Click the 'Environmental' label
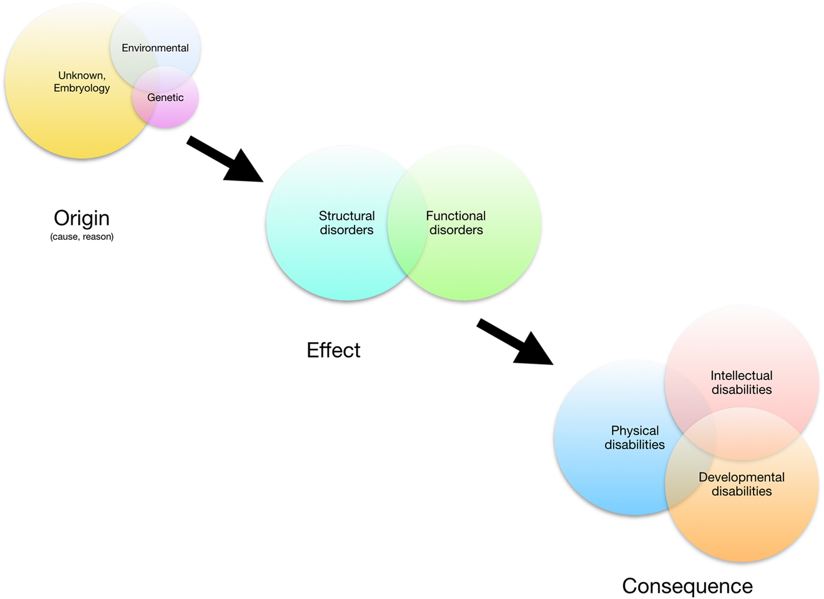[x=155, y=48]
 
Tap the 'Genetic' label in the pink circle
[x=165, y=97]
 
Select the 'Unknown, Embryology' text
[x=82, y=82]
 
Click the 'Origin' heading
[x=82, y=218]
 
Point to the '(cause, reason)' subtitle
[x=82, y=237]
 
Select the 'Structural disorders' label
[x=346, y=223]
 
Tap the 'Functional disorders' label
[x=456, y=223]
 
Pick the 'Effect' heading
[x=333, y=350]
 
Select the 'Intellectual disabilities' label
[x=742, y=382]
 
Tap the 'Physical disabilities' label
[x=635, y=437]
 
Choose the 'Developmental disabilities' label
[x=742, y=484]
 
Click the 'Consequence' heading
[x=687, y=586]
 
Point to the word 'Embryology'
[x=82, y=88]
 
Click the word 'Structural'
[x=346, y=216]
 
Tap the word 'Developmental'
[x=742, y=477]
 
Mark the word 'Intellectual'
[x=742, y=375]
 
